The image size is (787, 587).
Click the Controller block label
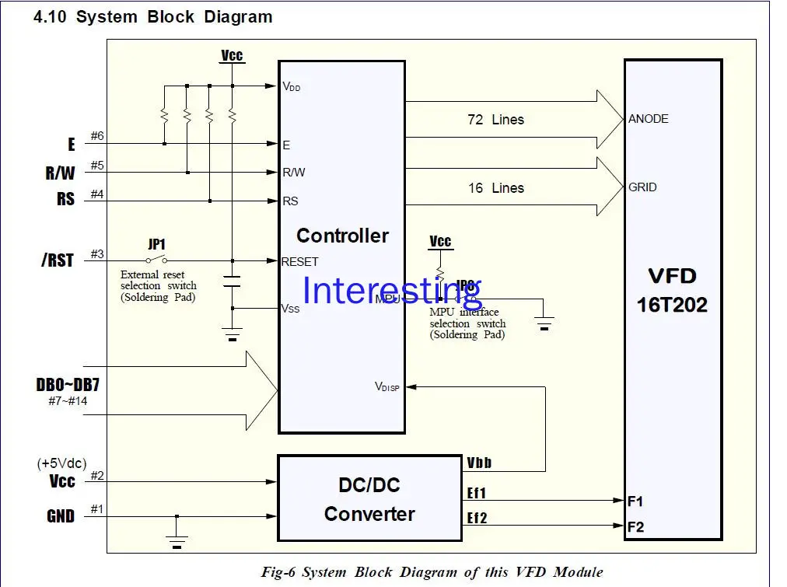(342, 236)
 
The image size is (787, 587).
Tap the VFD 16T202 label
(672, 290)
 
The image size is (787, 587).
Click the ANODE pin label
(649, 119)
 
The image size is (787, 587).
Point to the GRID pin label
(643, 187)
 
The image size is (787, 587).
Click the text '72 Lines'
(495, 120)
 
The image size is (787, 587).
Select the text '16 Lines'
(495, 188)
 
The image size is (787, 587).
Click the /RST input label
(58, 260)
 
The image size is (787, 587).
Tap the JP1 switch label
(157, 244)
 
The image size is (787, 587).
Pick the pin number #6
(97, 137)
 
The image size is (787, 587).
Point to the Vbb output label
(479, 463)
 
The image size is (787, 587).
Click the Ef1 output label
(477, 493)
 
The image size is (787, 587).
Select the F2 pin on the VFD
(635, 527)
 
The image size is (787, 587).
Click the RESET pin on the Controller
(299, 262)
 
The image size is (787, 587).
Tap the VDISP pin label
(387, 386)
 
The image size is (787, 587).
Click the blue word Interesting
(392, 291)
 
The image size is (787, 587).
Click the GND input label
(60, 516)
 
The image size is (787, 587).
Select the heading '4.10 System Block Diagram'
(152, 17)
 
